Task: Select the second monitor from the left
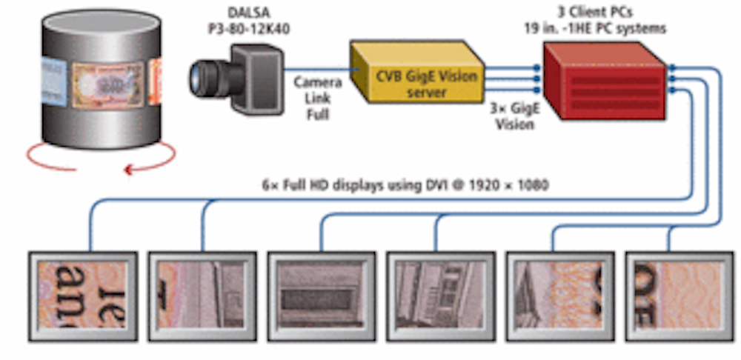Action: pyautogui.click(x=202, y=296)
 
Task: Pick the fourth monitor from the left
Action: pyautogui.click(x=441, y=296)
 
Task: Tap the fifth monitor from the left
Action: pyautogui.click(x=560, y=296)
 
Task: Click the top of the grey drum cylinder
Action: pyautogui.click(x=101, y=30)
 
